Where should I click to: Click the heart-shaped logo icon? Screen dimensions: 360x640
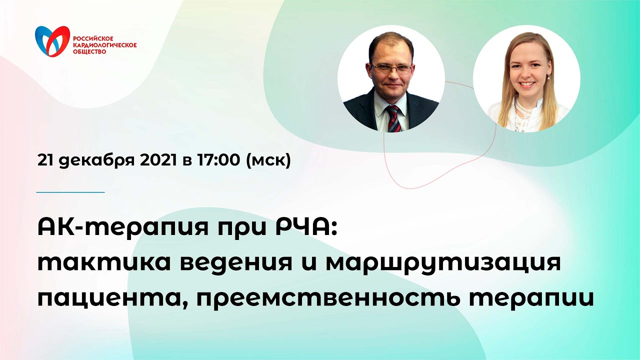tap(52, 41)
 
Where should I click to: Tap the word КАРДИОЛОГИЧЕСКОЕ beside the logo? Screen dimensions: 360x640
tap(105, 45)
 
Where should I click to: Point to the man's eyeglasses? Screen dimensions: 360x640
tap(392, 68)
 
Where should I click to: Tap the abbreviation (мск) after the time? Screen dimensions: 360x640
tap(268, 161)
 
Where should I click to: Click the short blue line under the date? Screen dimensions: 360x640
tap(70, 192)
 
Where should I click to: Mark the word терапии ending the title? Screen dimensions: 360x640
tap(544, 297)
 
